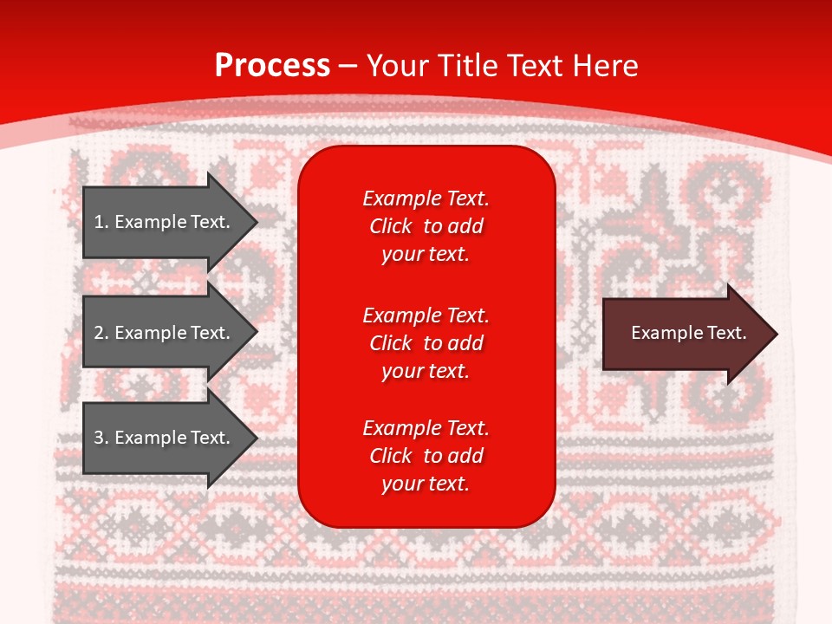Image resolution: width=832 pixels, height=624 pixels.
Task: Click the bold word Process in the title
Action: pos(272,66)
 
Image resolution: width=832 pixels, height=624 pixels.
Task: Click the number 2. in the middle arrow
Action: pos(101,333)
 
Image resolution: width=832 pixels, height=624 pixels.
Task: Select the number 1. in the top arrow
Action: pos(101,222)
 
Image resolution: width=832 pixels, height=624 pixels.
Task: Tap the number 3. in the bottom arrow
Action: pos(101,438)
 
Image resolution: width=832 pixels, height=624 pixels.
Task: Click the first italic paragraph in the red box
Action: pos(426,226)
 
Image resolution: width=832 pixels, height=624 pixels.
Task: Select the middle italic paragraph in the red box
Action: pos(426,343)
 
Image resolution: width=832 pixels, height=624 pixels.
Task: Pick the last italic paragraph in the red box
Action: pos(426,456)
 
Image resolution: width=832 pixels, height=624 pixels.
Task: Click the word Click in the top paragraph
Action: pos(390,226)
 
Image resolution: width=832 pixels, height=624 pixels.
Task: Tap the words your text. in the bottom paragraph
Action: pos(426,484)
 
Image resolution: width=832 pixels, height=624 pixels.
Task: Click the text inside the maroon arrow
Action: pos(688,333)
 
